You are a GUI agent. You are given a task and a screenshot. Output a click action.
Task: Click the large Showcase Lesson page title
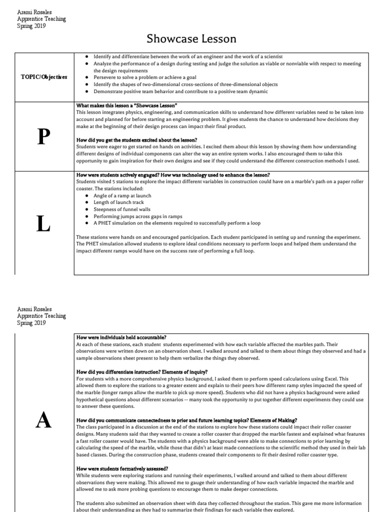[x=191, y=38]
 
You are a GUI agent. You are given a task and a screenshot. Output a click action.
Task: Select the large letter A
[x=44, y=421]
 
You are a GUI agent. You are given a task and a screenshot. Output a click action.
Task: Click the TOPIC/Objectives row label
[x=44, y=77]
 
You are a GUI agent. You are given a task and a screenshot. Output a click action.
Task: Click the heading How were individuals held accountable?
[x=121, y=337]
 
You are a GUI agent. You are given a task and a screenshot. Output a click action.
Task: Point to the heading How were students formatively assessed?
[x=122, y=468]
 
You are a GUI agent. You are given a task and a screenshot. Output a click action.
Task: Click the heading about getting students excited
[x=136, y=140]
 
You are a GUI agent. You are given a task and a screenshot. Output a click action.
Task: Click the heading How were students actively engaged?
[x=173, y=174]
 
